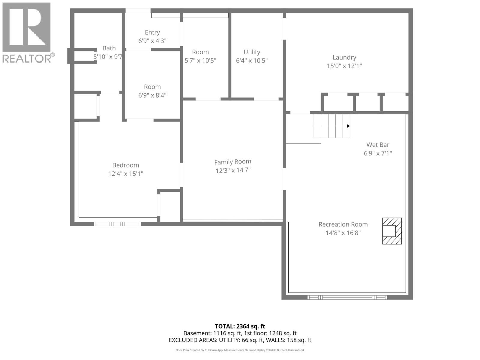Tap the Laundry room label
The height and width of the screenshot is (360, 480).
(x=344, y=57)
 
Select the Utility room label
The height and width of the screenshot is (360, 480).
(x=252, y=52)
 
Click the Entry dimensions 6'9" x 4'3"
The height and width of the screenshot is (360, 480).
(x=152, y=41)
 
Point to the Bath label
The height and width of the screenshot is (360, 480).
(x=109, y=48)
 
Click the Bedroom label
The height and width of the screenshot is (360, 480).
(x=125, y=165)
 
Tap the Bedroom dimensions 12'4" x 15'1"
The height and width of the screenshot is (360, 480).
(x=125, y=174)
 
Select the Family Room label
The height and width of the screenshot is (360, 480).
(x=232, y=162)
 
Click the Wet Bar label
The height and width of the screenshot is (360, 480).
(x=378, y=145)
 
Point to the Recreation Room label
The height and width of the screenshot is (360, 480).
(x=343, y=224)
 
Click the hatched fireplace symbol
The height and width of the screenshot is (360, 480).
(x=391, y=231)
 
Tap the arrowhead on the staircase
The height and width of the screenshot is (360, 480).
(x=348, y=126)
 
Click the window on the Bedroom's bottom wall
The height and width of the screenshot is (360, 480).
(x=117, y=224)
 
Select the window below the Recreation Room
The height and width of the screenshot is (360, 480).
(x=347, y=298)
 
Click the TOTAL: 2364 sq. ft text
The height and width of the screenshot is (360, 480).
(x=240, y=326)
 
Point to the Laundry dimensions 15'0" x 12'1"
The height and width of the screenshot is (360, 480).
(x=344, y=66)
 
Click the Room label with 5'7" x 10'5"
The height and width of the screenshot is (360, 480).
(x=200, y=52)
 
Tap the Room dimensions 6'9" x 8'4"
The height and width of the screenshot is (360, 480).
(x=152, y=95)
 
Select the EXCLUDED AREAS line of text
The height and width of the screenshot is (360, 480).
(x=240, y=340)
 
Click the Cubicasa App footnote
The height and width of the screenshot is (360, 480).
(x=240, y=350)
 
